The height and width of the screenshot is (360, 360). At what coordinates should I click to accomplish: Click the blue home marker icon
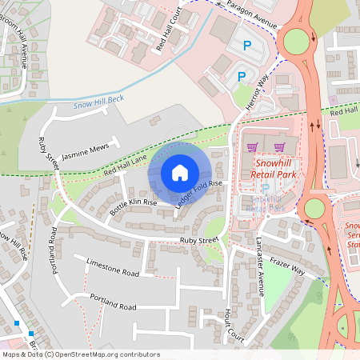[x=180, y=172]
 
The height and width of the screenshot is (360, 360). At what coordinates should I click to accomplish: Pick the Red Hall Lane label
[x=125, y=166]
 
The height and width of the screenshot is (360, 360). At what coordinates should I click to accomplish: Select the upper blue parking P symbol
[x=246, y=47]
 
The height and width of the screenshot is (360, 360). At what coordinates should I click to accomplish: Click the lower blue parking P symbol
[x=240, y=77]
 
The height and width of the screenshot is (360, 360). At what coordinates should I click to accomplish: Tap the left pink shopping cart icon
[x=254, y=146]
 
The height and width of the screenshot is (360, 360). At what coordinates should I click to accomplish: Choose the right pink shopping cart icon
[x=279, y=146]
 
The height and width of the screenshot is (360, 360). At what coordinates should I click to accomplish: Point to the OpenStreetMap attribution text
[x=81, y=354]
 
